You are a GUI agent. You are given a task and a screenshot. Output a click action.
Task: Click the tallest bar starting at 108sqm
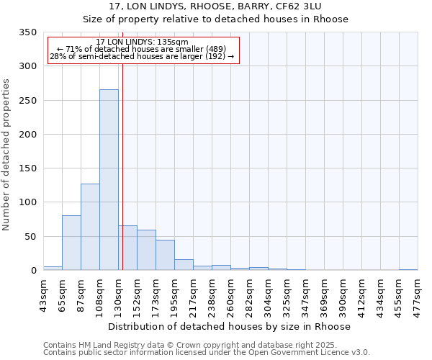(109, 180)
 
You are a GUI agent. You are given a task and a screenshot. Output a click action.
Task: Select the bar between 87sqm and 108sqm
(90, 227)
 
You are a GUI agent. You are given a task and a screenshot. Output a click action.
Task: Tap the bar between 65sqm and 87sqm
(71, 243)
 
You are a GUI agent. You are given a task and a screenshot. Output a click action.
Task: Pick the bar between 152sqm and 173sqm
(146, 250)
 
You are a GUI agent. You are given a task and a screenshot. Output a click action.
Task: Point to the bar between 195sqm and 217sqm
(184, 264)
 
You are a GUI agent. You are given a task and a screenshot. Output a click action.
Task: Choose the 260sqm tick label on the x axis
(230, 294)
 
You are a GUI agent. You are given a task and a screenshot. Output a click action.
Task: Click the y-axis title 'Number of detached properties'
(6, 155)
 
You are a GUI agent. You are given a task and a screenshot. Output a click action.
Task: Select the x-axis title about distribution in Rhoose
(230, 326)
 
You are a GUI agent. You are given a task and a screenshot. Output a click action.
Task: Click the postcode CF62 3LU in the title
(328, 6)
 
